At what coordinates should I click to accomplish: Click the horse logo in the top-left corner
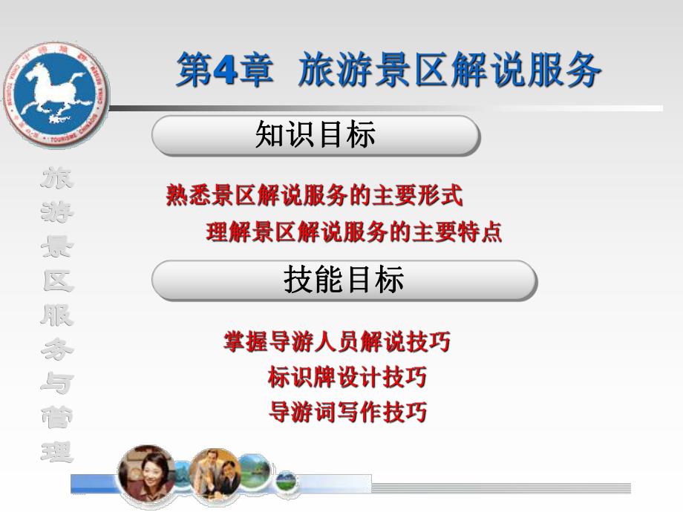[55, 96]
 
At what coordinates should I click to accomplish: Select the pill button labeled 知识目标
[316, 135]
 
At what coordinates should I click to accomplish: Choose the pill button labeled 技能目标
[344, 280]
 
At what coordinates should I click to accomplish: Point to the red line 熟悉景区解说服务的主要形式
[315, 196]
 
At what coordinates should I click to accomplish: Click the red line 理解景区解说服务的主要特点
[354, 232]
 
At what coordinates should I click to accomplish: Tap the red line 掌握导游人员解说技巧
[337, 342]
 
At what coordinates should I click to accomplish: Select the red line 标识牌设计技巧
[347, 377]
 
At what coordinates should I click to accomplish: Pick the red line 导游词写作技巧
[347, 412]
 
